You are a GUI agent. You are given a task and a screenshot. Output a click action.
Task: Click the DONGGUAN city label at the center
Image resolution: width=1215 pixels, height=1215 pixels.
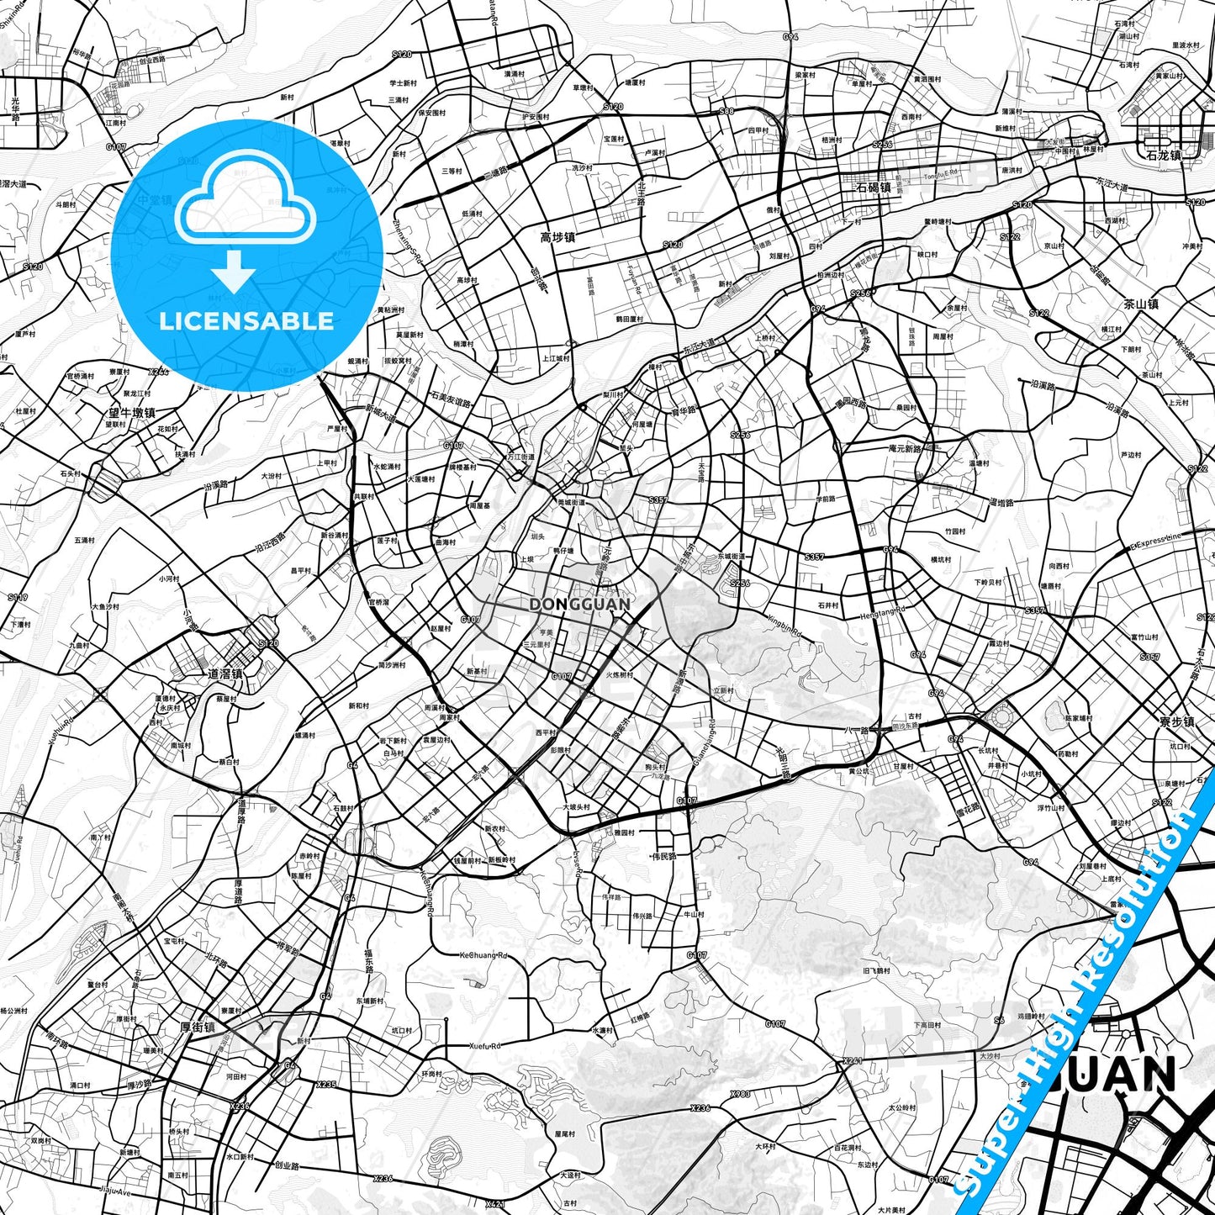[x=580, y=605]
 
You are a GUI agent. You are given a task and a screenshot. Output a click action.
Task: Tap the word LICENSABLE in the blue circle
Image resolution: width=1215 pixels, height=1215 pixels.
[x=246, y=321]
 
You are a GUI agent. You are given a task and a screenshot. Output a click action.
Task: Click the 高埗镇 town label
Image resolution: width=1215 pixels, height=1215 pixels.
[x=557, y=238]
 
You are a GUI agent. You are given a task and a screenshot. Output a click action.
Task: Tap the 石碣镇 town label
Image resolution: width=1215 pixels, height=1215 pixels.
[x=873, y=188]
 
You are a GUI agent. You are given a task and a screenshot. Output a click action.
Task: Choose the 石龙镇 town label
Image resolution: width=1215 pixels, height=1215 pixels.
[x=1164, y=155]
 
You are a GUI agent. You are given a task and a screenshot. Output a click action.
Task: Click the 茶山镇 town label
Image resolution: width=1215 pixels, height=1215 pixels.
[x=1141, y=304]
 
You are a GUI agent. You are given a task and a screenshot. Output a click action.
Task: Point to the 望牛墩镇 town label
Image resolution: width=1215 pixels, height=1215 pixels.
[x=132, y=413]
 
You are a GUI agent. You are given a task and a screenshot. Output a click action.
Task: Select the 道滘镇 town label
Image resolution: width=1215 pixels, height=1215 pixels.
[x=225, y=674]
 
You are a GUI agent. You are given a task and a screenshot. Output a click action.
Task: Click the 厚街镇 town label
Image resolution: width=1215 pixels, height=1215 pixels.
[x=198, y=1027]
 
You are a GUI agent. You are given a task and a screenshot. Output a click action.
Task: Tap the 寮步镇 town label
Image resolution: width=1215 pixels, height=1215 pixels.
[x=1175, y=721]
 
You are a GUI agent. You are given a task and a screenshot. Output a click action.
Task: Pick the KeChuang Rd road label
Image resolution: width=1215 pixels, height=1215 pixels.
[x=483, y=956]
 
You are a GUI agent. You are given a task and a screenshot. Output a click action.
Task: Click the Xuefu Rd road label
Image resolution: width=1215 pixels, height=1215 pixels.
[x=484, y=1046]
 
